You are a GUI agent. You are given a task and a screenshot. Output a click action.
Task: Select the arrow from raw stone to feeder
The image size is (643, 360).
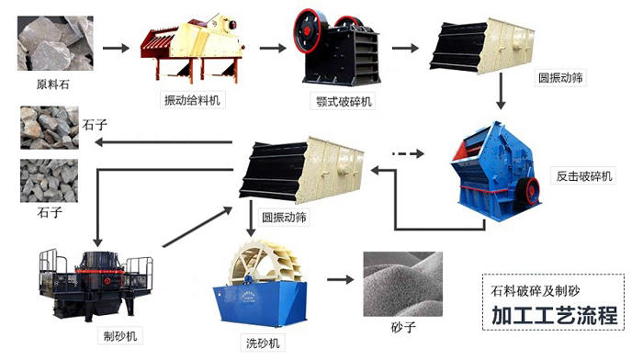113,44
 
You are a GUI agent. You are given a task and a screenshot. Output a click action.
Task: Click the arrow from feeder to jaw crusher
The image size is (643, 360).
269,44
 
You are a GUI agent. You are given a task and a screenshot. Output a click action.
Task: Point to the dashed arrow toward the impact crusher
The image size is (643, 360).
409,153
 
